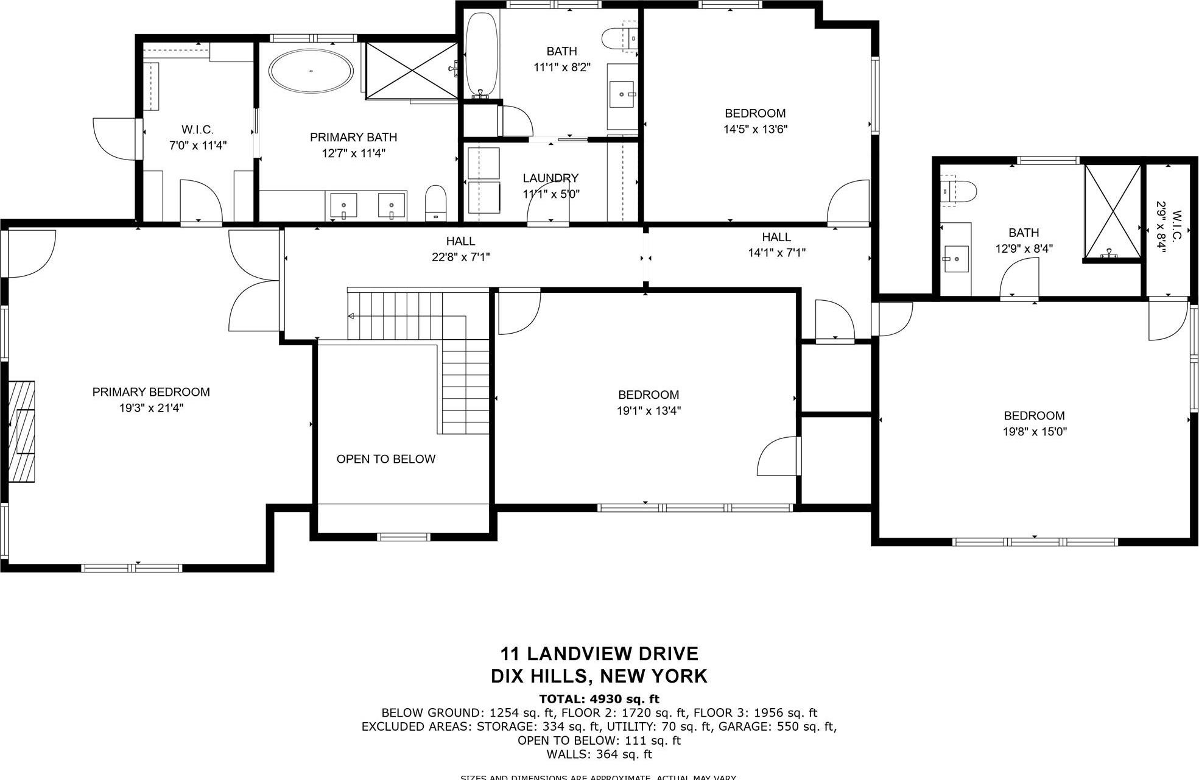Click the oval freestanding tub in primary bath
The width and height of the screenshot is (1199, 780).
[311, 71]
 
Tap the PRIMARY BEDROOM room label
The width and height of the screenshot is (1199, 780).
[151, 392]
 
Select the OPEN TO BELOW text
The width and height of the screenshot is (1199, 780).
[385, 459]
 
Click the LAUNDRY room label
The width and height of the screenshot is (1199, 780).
[550, 178]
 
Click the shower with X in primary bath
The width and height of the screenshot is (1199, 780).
[412, 71]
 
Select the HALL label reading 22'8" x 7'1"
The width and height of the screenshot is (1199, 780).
[460, 249]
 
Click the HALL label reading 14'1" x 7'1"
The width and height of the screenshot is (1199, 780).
[776, 245]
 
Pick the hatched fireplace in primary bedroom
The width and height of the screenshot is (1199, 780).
[22, 431]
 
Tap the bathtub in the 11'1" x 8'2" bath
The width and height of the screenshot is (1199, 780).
[482, 55]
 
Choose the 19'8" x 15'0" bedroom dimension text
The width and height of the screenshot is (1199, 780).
[1035, 432]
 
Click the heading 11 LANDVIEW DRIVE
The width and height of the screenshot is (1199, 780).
[599, 654]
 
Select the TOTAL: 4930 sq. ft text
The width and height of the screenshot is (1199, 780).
[599, 699]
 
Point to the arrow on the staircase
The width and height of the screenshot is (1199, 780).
[352, 316]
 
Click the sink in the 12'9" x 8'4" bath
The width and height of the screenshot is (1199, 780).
[956, 259]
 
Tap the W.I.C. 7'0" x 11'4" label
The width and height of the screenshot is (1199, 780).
[197, 138]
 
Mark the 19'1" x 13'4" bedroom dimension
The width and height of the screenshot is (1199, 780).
[649, 410]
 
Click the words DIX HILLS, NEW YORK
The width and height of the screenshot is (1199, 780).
[599, 676]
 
